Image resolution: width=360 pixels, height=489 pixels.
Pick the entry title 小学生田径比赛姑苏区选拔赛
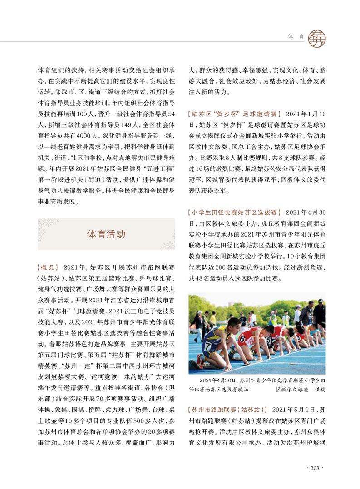(x=235, y=212)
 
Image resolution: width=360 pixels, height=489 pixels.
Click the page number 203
(x=315, y=468)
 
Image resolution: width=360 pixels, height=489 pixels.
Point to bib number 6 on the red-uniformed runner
(x=242, y=338)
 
